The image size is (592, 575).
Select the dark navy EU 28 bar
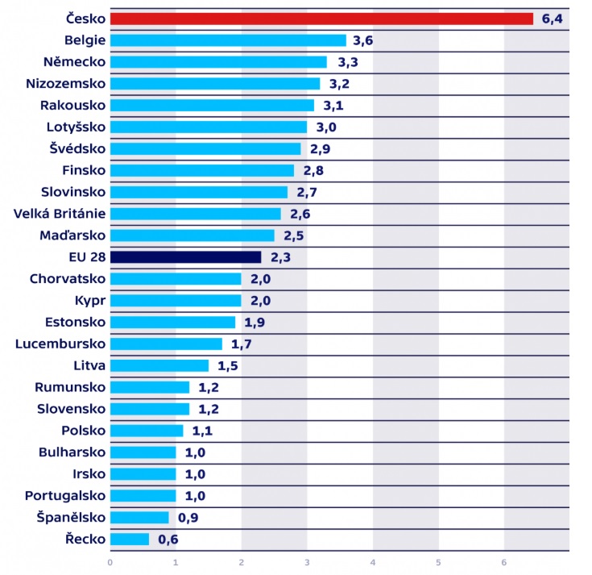pyautogui.click(x=185, y=257)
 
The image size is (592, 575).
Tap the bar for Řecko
pyautogui.click(x=129, y=539)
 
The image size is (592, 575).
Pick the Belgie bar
pyautogui.click(x=228, y=40)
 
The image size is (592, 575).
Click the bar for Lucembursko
pyautogui.click(x=166, y=344)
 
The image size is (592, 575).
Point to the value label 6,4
pyautogui.click(x=552, y=19)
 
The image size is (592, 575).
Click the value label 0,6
pyautogui.click(x=168, y=539)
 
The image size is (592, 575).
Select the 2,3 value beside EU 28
pyautogui.click(x=279, y=257)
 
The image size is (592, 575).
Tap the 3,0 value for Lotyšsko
pyautogui.click(x=325, y=127)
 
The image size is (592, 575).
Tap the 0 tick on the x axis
pyautogui.click(x=110, y=562)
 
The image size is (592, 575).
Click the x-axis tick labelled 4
pyautogui.click(x=372, y=562)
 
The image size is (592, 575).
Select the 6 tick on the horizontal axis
pyautogui.click(x=503, y=562)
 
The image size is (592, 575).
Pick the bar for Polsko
pyautogui.click(x=147, y=431)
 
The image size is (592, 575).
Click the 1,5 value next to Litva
pyautogui.click(x=227, y=366)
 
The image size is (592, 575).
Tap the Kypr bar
pyautogui.click(x=176, y=301)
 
